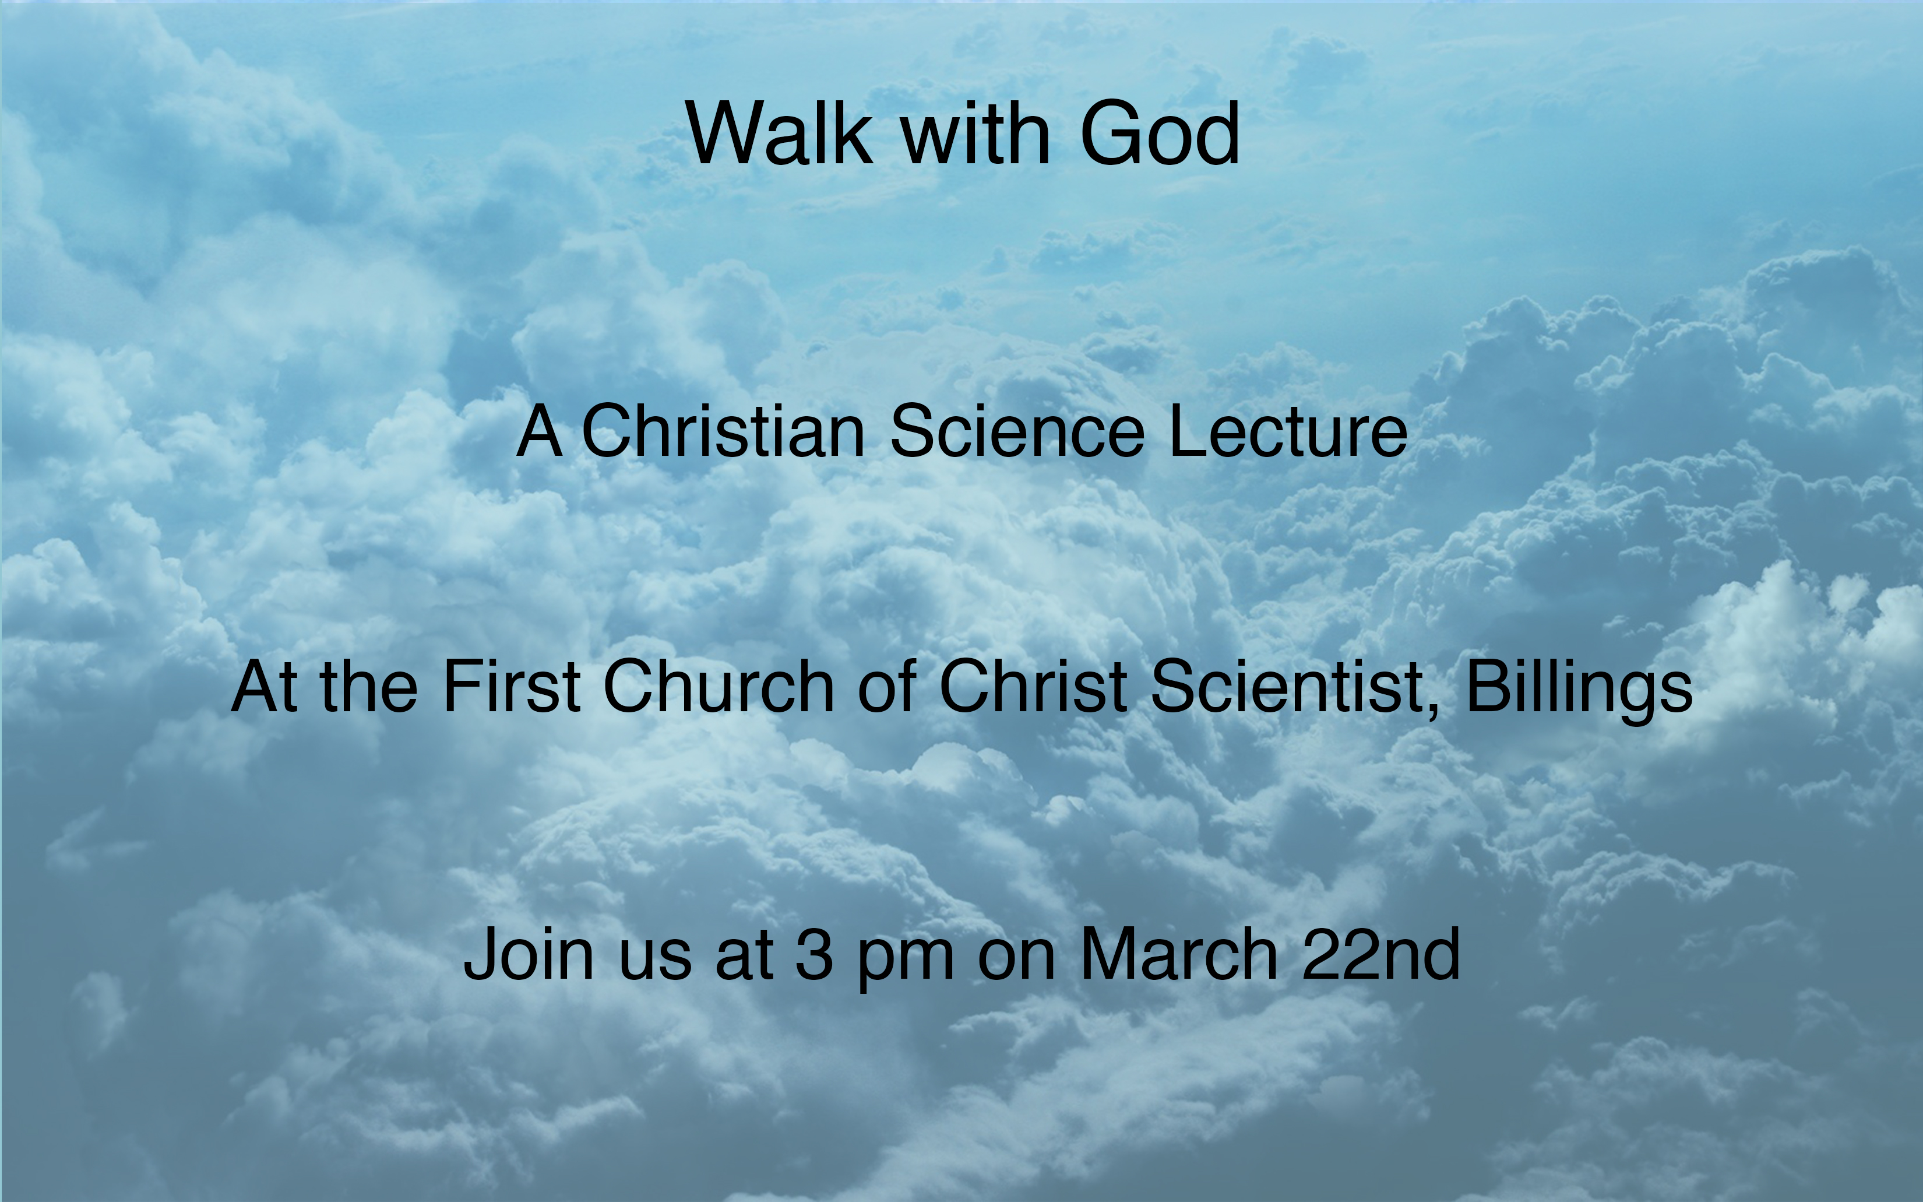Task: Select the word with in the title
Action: tap(975, 133)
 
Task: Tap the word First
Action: tap(512, 686)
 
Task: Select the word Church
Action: tap(719, 686)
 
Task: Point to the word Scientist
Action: tap(1287, 686)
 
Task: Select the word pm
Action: tap(905, 960)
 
